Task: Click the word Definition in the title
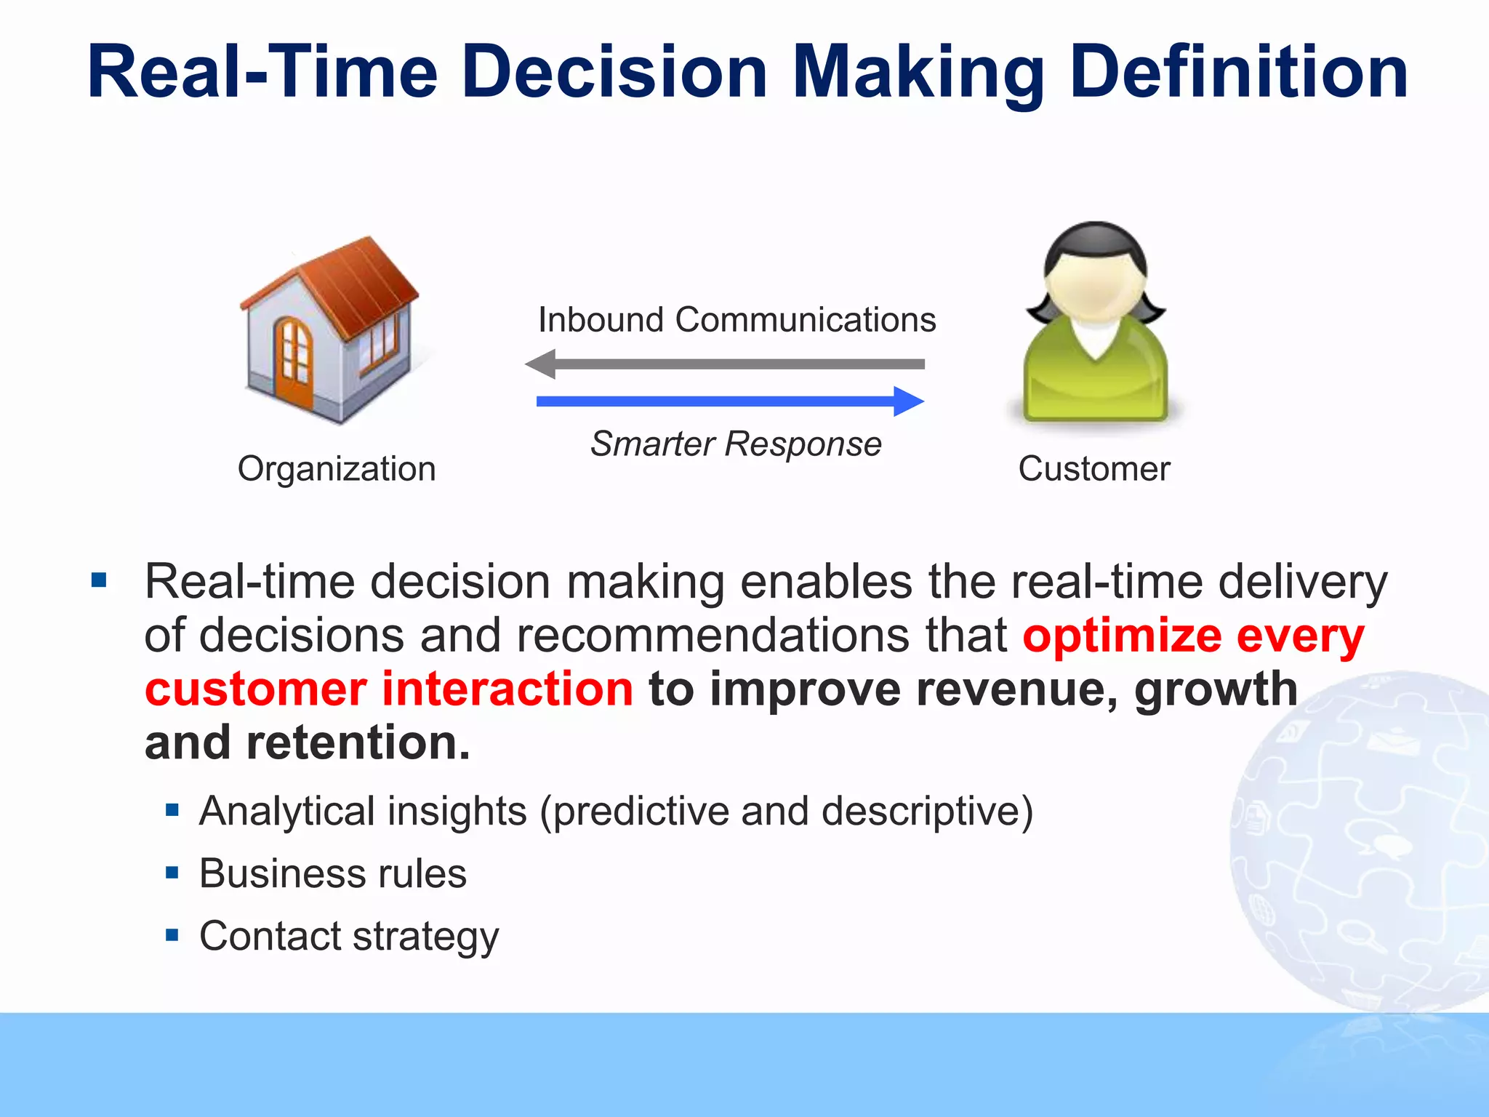coord(1239,73)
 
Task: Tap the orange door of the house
coord(294,361)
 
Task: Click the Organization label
coord(337,469)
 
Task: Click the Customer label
coord(1094,469)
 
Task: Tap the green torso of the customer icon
coord(1096,378)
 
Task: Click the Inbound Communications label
coord(737,320)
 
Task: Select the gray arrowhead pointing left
coord(542,364)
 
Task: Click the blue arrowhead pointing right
coord(908,401)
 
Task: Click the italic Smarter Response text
coord(736,444)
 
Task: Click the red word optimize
coord(1122,636)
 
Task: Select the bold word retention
coord(358,743)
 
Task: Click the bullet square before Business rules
coord(172,873)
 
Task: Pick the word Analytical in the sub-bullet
coord(289,811)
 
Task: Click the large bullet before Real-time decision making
coord(100,580)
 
